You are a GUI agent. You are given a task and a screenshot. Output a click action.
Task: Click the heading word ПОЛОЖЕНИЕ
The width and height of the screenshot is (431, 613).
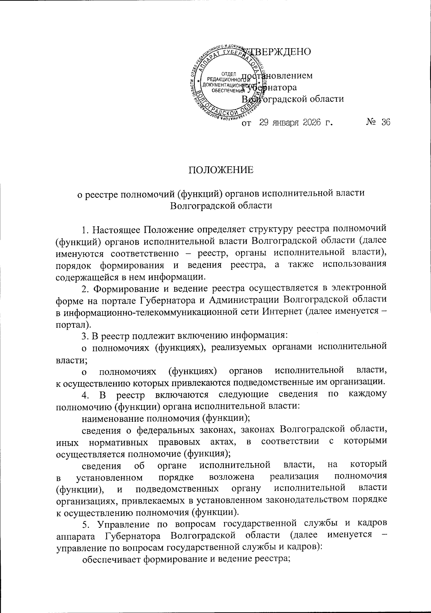[221, 170]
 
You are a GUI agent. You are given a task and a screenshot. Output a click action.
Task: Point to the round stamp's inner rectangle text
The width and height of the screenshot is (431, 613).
[222, 83]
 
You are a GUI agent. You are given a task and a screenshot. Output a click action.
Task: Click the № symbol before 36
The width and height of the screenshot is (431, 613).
[371, 123]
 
